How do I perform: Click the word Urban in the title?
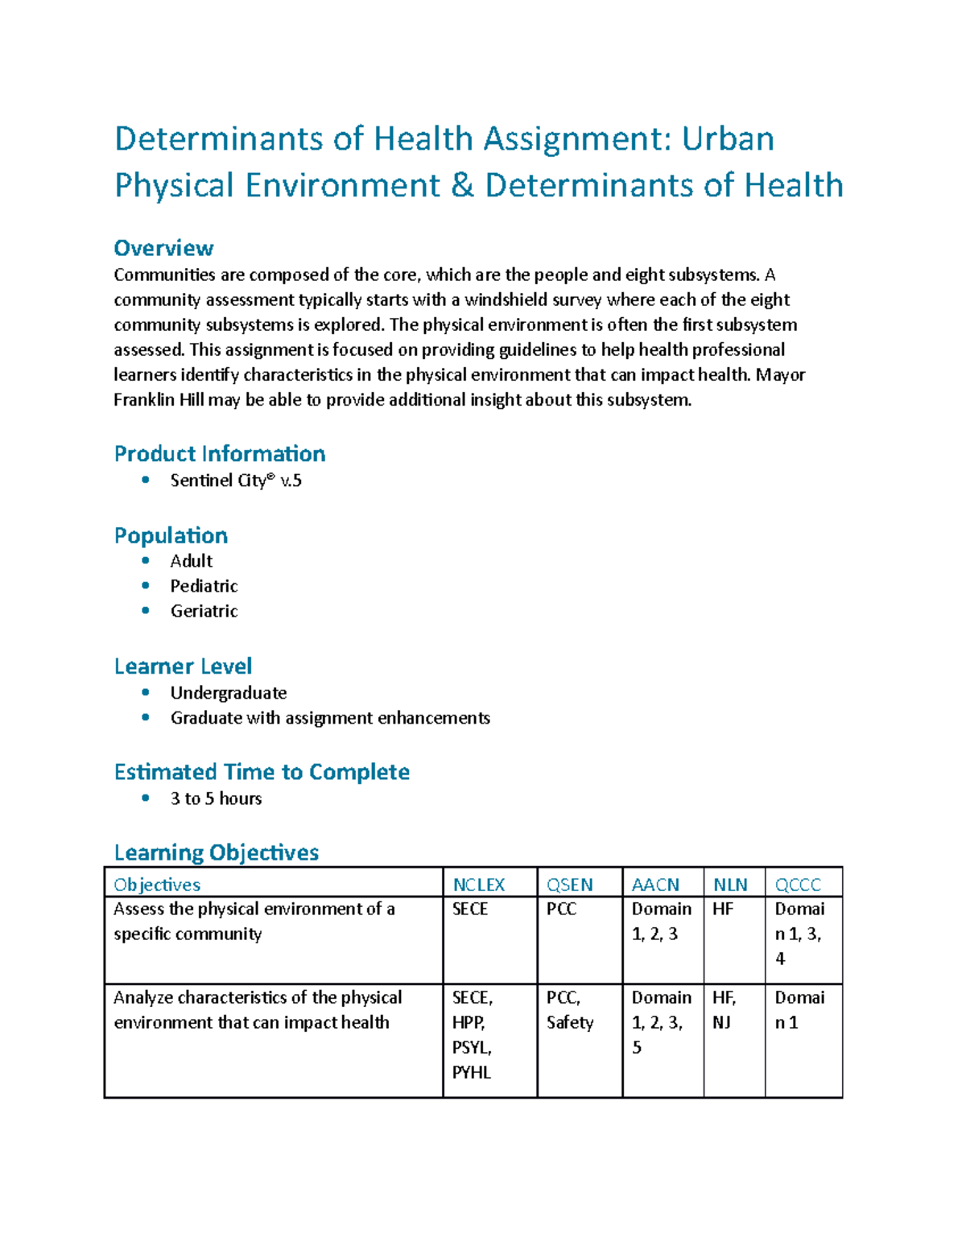(728, 138)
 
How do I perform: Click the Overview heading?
(163, 248)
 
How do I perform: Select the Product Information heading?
(220, 454)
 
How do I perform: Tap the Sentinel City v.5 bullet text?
(236, 481)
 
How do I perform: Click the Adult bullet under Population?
(192, 561)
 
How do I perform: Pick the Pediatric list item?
(204, 586)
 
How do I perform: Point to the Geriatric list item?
(204, 611)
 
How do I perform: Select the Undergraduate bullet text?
(229, 693)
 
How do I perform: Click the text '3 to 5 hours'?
(216, 798)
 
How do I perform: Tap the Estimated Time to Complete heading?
(262, 772)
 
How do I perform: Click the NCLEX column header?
(478, 885)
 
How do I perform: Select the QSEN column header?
(569, 885)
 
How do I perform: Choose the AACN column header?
(655, 885)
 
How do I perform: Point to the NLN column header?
(730, 885)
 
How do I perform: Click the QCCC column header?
(798, 885)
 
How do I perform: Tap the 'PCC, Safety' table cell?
(570, 1010)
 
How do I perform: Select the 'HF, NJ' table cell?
(724, 1010)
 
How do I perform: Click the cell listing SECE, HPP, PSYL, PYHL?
(473, 1035)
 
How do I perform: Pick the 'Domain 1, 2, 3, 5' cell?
(661, 1022)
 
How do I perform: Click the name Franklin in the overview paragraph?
(144, 400)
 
